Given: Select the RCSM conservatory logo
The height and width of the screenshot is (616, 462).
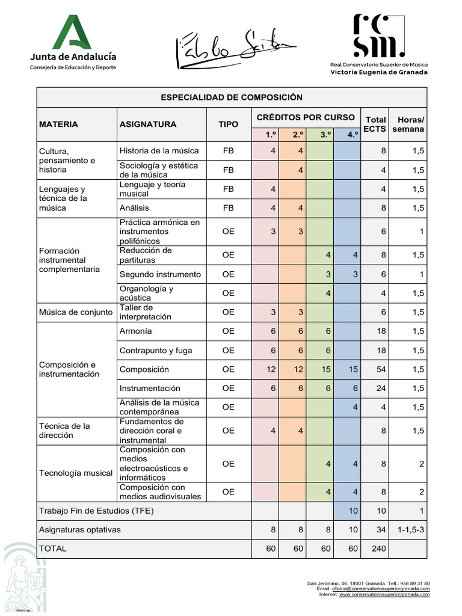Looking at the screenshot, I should (x=379, y=45).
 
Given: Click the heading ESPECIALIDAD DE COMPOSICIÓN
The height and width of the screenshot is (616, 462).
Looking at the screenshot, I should (x=232, y=97).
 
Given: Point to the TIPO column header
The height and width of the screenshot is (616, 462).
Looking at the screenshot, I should (x=229, y=124).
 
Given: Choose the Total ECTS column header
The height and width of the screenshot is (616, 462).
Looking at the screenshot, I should (x=376, y=124).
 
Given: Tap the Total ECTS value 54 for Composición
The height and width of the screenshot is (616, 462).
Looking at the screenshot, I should (x=381, y=369).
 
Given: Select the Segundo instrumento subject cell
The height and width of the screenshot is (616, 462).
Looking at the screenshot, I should (x=160, y=274).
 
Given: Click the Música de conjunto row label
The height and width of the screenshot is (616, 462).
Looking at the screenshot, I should (x=76, y=312).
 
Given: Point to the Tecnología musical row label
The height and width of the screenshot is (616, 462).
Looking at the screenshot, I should (x=76, y=473).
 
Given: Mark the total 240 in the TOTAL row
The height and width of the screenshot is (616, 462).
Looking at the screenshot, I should (x=378, y=549).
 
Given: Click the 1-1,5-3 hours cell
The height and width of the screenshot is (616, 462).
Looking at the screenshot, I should (x=411, y=530).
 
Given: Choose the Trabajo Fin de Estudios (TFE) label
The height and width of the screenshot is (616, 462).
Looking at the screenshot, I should (x=96, y=511).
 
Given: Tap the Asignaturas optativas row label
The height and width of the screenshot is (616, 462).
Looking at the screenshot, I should (x=80, y=530).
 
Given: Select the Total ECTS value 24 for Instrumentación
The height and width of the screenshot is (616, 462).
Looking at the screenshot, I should (x=381, y=389).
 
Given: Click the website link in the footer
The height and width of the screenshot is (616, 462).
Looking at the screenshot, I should (x=384, y=594).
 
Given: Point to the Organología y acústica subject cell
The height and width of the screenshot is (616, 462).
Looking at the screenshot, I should (x=147, y=293).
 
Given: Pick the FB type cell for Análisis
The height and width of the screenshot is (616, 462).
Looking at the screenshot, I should (x=229, y=208).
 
